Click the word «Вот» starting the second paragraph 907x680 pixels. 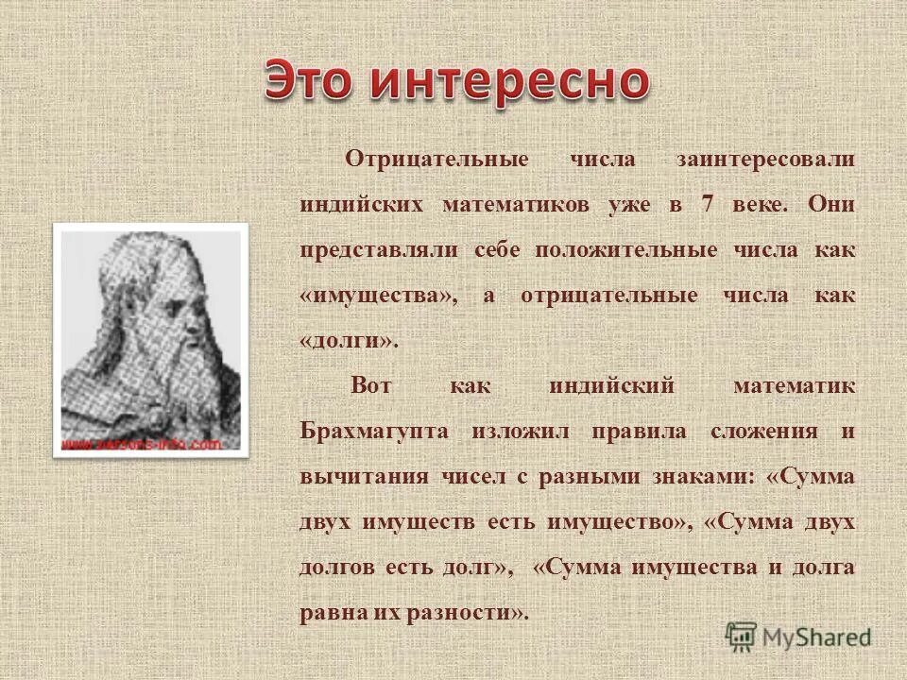pyautogui.click(x=370, y=386)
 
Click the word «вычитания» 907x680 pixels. pyautogui.click(x=364, y=477)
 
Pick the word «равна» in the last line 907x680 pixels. pyautogui.click(x=328, y=613)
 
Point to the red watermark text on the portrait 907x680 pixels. pyautogui.click(x=143, y=443)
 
